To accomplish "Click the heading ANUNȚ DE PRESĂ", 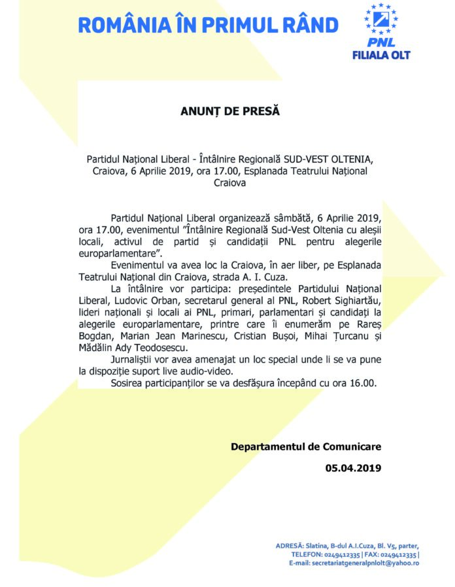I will [229, 111].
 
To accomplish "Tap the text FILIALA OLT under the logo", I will [390, 55].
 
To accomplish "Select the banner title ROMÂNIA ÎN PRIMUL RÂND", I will [208, 25].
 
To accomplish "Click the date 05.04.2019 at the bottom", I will [352, 468].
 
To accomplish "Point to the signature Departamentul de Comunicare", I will [305, 446].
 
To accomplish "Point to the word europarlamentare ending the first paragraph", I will [115, 253].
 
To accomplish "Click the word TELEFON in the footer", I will [309, 554].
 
